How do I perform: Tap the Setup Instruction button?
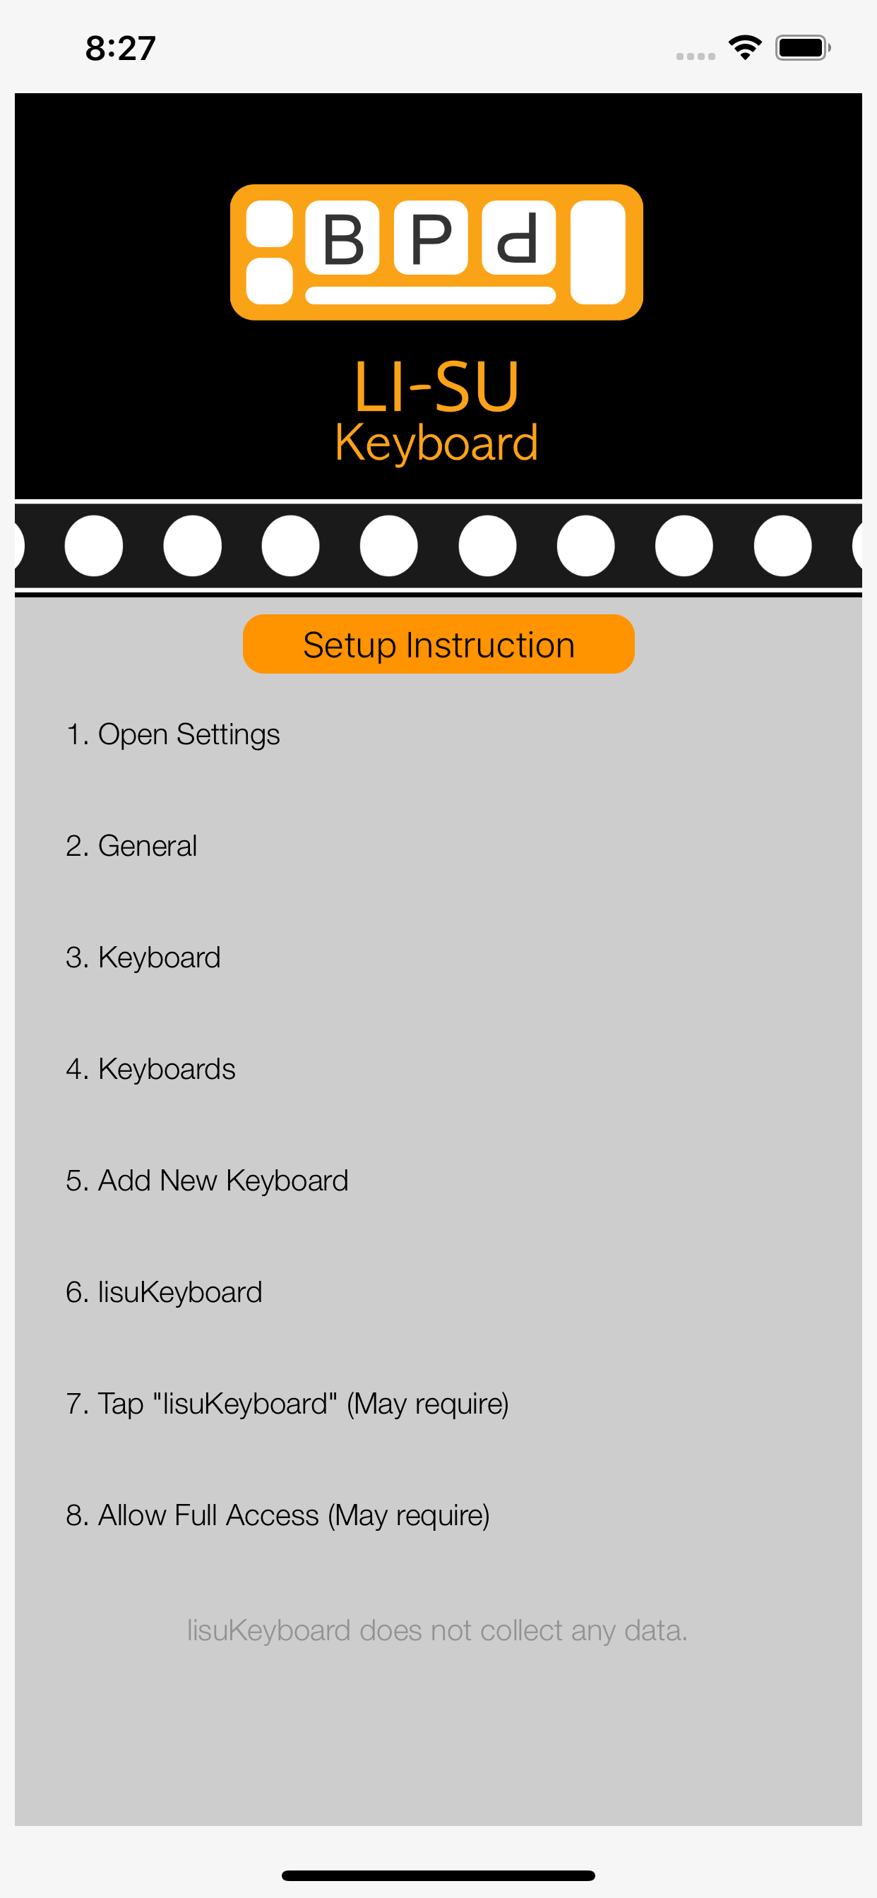coord(438,644)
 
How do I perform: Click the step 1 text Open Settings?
coord(173,734)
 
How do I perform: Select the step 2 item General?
coord(131,846)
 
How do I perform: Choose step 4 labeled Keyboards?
coord(150,1069)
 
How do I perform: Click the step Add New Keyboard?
coord(207,1181)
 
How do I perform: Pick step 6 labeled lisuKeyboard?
coord(164,1292)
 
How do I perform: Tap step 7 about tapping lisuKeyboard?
coord(287,1404)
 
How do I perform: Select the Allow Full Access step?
coord(278,1515)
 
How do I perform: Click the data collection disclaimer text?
coord(437,1630)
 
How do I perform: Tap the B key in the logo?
coord(342,237)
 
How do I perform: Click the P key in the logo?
coord(431,237)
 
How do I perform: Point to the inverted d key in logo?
coord(519,237)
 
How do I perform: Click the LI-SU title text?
coord(437,387)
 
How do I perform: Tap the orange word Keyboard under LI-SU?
coord(437,443)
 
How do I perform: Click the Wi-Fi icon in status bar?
coord(745,48)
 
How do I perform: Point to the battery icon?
coord(803,48)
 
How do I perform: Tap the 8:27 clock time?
coord(121,49)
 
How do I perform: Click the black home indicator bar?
coord(438,1875)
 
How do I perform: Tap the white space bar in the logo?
coord(431,295)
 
